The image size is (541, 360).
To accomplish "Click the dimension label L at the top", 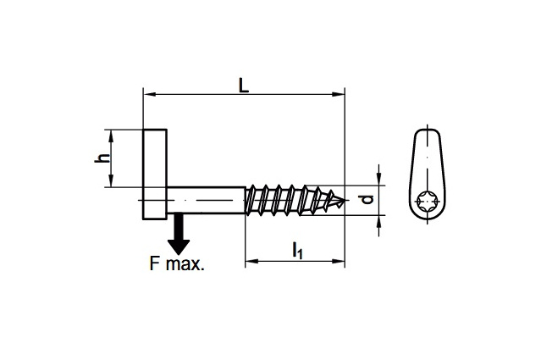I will tap(243, 86).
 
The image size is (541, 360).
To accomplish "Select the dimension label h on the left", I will tap(101, 158).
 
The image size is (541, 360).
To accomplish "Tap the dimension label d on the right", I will tap(367, 200).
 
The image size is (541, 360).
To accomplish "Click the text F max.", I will tap(176, 263).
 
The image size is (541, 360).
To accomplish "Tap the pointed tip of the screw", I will tap(344, 201).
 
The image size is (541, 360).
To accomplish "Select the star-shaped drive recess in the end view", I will tap(428, 203).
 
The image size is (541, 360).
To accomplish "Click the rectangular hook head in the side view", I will tap(155, 174).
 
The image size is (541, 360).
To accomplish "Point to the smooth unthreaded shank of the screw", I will tap(207, 200).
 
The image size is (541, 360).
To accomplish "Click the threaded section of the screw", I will tap(292, 200).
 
